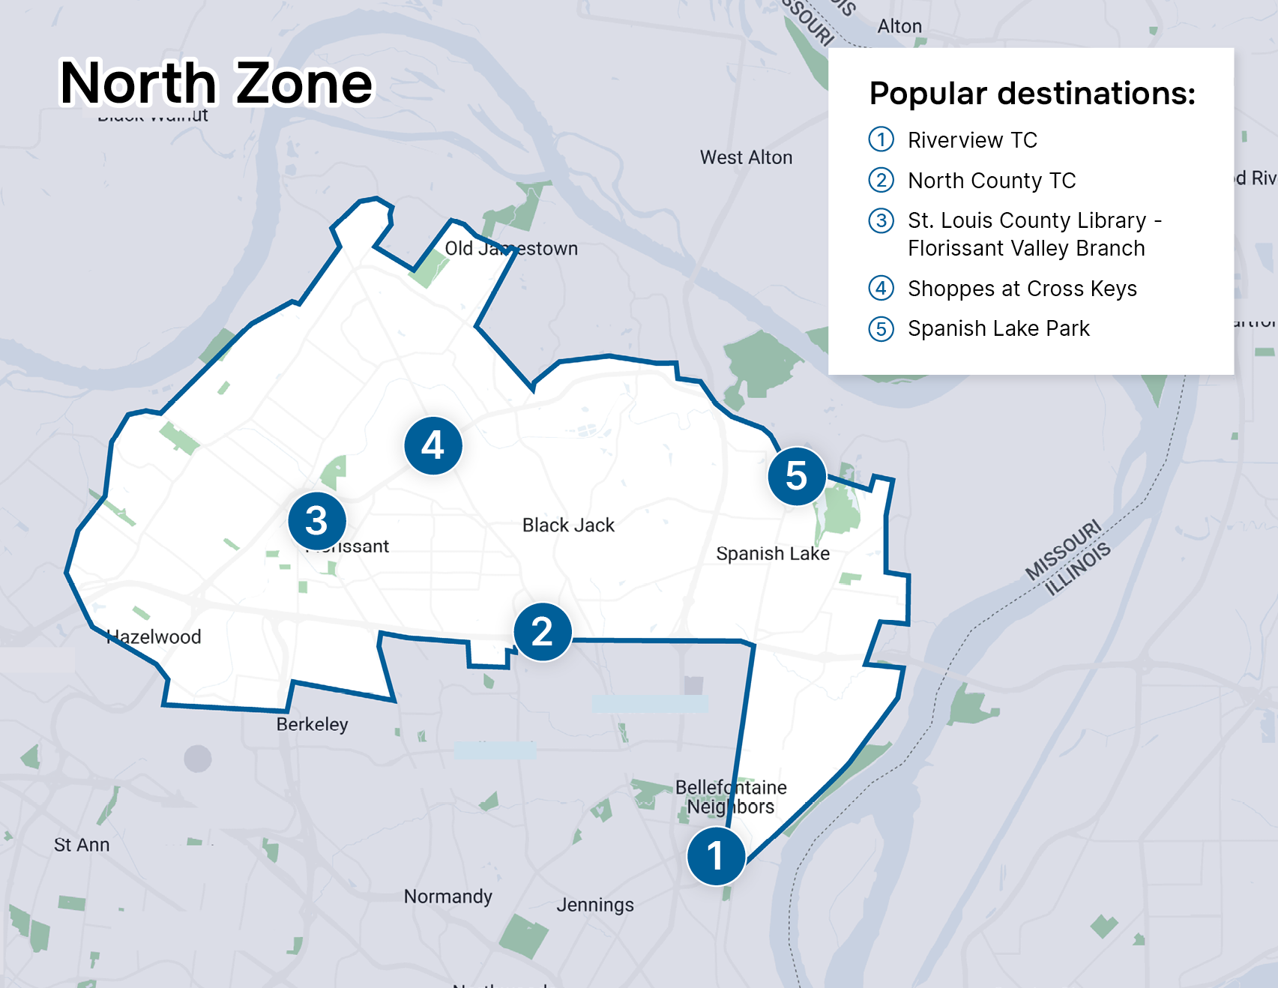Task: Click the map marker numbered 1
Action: pos(716,856)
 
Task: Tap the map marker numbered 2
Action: pos(543,632)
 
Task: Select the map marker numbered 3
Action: pos(317,521)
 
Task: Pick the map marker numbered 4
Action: pos(433,446)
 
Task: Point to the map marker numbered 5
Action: pos(797,476)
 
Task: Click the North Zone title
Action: pos(216,83)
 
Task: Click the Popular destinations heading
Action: pos(1031,94)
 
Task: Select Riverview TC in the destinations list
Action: pos(972,140)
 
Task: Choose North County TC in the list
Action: pos(992,181)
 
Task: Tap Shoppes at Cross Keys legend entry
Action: pos(1022,289)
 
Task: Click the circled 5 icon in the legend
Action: pos(881,329)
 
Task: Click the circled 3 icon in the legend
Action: pos(881,221)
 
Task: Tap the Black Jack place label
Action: pos(568,525)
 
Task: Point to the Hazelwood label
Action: pos(154,637)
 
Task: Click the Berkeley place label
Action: pos(312,725)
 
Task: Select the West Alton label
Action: pos(746,157)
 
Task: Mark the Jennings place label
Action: pos(595,905)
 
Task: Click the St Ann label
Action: pos(82,845)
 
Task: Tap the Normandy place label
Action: pos(448,897)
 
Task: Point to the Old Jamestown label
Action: pos(511,249)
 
